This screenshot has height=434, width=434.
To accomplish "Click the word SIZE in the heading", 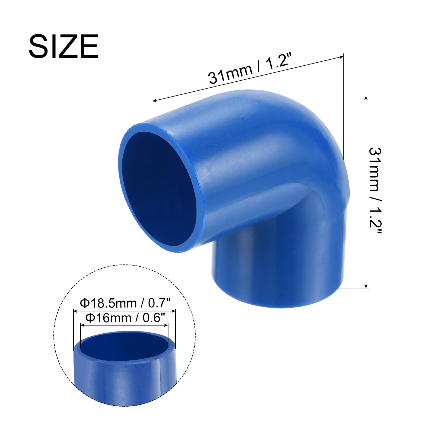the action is pyautogui.click(x=63, y=46).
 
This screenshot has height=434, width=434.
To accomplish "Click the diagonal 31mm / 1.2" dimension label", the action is pyautogui.click(x=248, y=70).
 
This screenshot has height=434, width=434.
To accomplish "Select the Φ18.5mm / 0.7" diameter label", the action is pyautogui.click(x=125, y=303).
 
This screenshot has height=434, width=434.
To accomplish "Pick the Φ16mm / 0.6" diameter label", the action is pyautogui.click(x=125, y=318).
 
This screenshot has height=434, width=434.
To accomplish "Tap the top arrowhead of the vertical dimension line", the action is pyautogui.click(x=366, y=98).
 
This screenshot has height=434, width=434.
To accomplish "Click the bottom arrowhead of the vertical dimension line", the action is pyautogui.click(x=366, y=285).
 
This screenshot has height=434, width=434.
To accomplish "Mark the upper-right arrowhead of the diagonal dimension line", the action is pyautogui.click(x=341, y=57).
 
